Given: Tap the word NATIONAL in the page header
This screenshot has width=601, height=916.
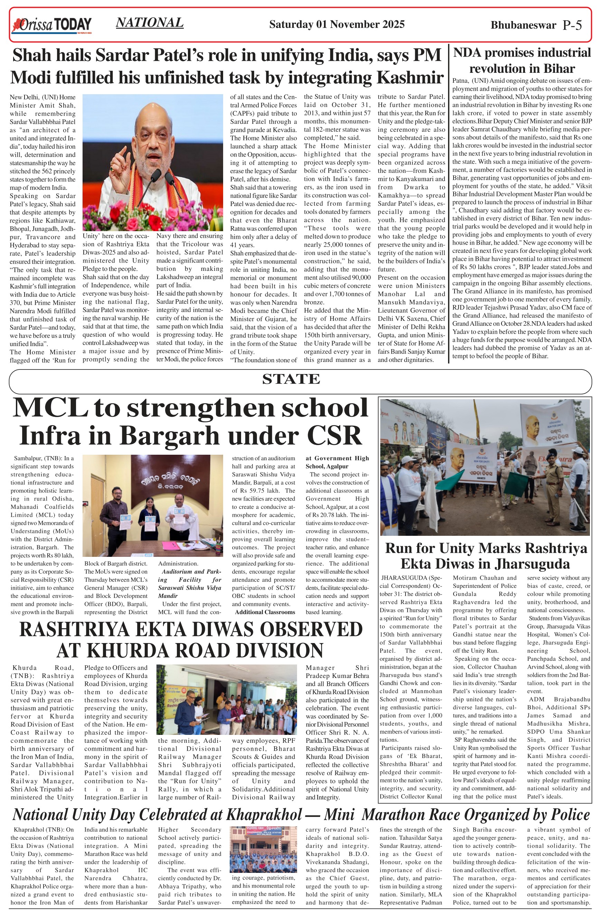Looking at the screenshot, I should click(x=150, y=23).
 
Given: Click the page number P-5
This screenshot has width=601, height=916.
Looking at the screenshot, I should click(x=572, y=25).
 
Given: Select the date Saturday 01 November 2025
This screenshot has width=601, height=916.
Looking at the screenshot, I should click(x=337, y=24).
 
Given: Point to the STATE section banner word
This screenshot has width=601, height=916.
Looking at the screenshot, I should click(x=291, y=380).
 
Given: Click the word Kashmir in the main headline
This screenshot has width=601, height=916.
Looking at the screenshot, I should click(x=410, y=77).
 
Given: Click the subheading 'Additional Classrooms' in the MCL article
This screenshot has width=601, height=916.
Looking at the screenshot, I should click(x=265, y=612).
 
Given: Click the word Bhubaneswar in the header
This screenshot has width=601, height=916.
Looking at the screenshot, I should click(x=523, y=25).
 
